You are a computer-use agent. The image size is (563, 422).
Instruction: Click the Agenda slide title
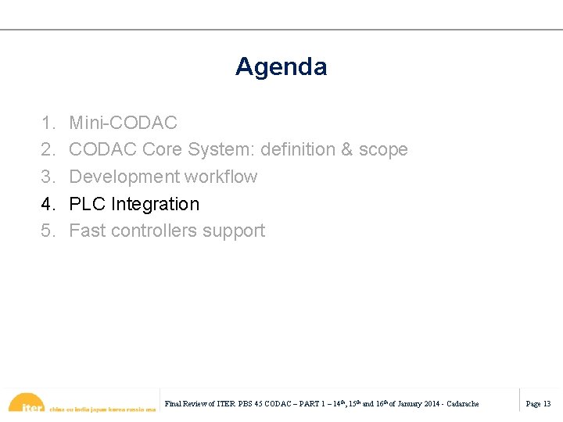[281, 66]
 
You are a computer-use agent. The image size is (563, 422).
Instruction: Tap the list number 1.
[48, 123]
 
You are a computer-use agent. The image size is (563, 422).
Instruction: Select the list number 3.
[48, 177]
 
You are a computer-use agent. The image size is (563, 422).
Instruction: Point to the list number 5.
[48, 231]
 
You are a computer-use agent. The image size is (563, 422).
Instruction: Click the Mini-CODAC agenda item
[123, 123]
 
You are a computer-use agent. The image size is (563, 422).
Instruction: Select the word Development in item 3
[121, 177]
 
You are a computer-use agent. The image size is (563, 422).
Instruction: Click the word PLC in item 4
[88, 204]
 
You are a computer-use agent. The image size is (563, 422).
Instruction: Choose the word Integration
[155, 204]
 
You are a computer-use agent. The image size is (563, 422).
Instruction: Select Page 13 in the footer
[538, 404]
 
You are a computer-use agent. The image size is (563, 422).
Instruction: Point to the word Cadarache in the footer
[462, 404]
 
